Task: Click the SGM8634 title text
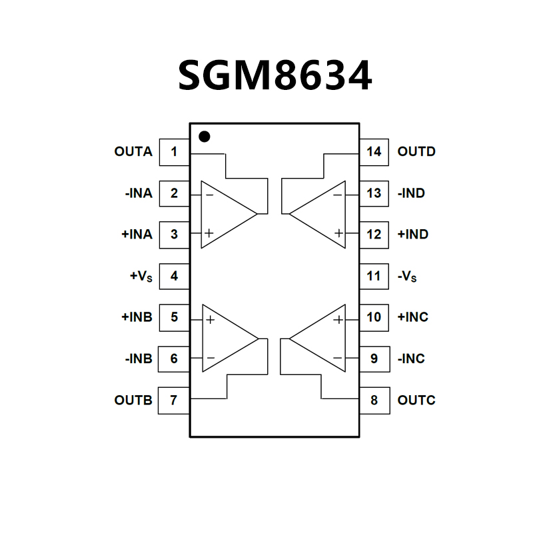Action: click(x=275, y=75)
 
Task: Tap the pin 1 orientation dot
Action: click(x=205, y=137)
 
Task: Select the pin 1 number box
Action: click(x=174, y=152)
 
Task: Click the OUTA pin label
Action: click(x=133, y=152)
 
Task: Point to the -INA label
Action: click(x=138, y=193)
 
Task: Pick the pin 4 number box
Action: click(x=174, y=276)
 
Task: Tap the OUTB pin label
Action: click(x=133, y=400)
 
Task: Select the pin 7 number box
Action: click(x=174, y=400)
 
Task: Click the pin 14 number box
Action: click(x=374, y=152)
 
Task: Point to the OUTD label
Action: click(x=416, y=152)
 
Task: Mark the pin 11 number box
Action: click(x=374, y=276)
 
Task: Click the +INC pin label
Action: click(x=413, y=317)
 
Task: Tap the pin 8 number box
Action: click(x=374, y=400)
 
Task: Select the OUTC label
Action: click(x=416, y=400)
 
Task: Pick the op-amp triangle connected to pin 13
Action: click(x=322, y=214)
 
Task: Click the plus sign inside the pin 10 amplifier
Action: click(x=338, y=320)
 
